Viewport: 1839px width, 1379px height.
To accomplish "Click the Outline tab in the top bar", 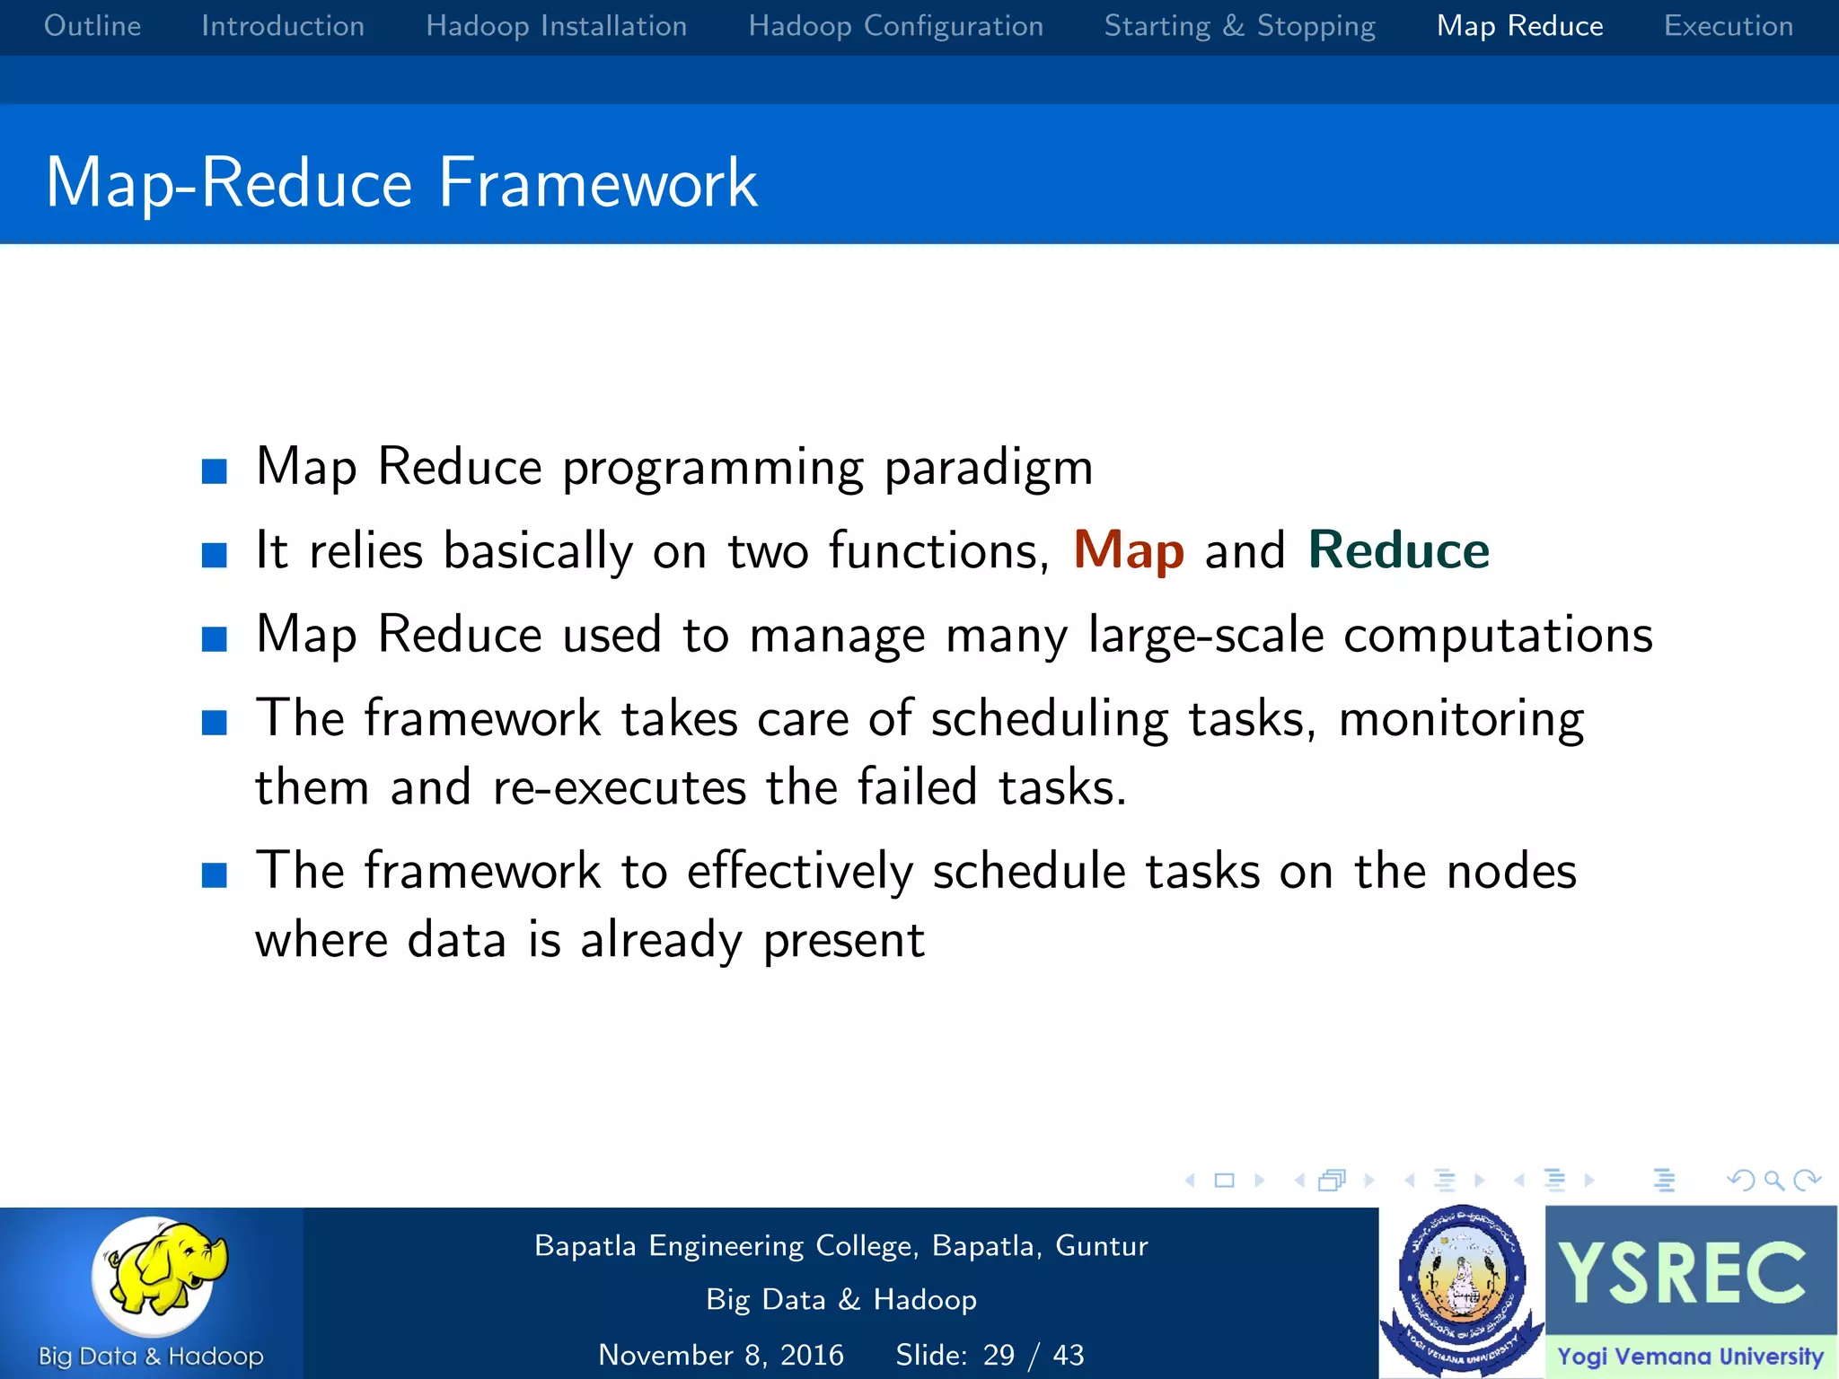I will click(x=92, y=26).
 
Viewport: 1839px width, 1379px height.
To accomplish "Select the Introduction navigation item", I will click(x=283, y=26).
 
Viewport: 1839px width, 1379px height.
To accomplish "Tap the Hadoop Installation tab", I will click(x=556, y=26).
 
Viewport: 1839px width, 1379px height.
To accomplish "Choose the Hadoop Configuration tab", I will click(x=895, y=26).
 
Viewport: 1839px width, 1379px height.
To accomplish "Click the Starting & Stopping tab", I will click(x=1239, y=26).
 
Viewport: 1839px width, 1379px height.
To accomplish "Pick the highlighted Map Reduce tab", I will click(x=1519, y=26).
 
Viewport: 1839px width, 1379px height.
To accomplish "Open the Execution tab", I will click(x=1728, y=26).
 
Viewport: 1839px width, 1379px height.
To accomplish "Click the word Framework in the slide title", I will click(x=598, y=183).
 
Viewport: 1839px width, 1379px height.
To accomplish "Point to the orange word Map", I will click(x=1129, y=550).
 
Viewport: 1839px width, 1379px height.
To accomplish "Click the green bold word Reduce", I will click(x=1398, y=550).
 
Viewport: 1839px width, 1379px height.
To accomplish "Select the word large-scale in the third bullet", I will click(x=1205, y=636).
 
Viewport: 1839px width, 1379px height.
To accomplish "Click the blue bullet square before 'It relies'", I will click(x=215, y=555).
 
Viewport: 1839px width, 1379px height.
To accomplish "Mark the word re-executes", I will click(x=620, y=787).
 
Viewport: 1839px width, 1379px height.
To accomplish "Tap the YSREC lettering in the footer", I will click(x=1681, y=1273).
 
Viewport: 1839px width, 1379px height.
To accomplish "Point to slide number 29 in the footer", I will click(x=999, y=1355).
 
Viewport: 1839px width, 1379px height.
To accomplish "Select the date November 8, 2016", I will click(x=721, y=1355).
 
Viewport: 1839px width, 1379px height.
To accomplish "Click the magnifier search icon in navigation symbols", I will click(x=1773, y=1181).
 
